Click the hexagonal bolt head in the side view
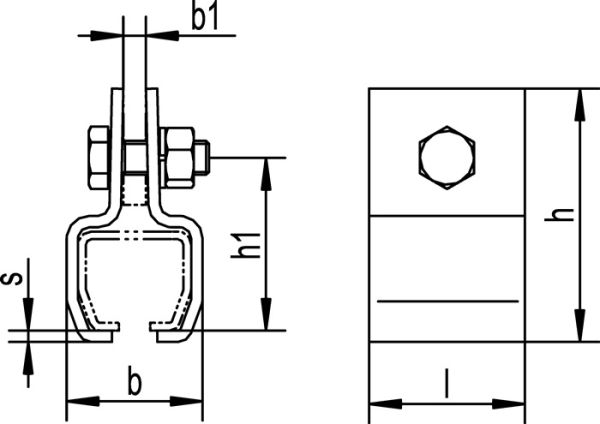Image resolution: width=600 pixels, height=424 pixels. pyautogui.click(x=447, y=156)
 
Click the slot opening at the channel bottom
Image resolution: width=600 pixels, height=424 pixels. pyautogui.click(x=133, y=326)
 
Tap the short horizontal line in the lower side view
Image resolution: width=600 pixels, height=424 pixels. pyautogui.click(x=447, y=300)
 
